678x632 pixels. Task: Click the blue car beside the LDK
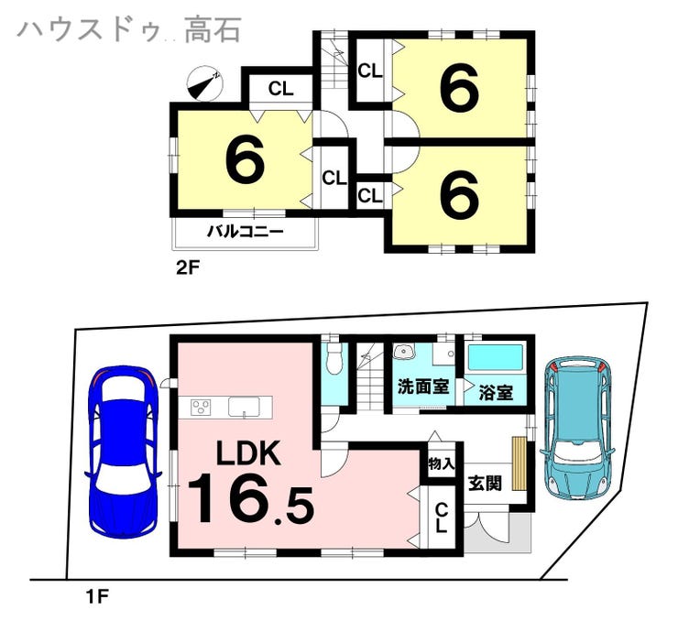click(x=124, y=452)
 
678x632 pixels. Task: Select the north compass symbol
click(x=204, y=83)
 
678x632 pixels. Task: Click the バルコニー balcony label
click(x=246, y=232)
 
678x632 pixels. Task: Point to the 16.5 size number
click(x=251, y=498)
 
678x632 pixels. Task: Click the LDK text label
click(x=248, y=452)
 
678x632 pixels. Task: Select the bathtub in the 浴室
click(x=496, y=357)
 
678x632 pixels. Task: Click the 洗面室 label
click(x=423, y=386)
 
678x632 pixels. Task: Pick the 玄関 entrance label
click(x=486, y=483)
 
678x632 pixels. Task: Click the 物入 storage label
click(x=441, y=464)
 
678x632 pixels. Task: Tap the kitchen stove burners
click(x=201, y=407)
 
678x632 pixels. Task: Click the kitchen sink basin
click(x=245, y=407)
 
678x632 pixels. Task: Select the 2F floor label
click(x=187, y=268)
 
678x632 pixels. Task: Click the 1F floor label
click(x=96, y=597)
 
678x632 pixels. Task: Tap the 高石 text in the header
click(x=213, y=29)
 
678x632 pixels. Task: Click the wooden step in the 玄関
click(x=519, y=463)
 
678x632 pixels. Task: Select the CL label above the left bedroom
click(x=281, y=89)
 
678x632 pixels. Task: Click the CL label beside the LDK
click(x=441, y=518)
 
